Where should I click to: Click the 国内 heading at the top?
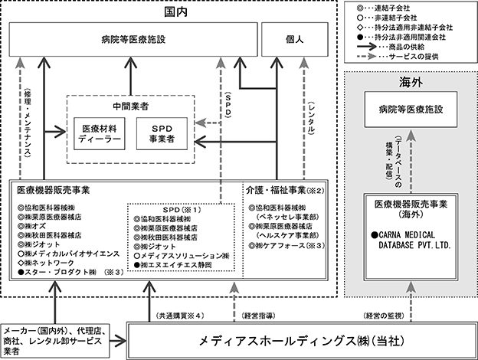175,12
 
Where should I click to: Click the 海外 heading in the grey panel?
411,82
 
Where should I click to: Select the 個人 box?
295,39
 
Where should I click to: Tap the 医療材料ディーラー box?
100,133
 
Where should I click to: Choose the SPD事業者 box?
162,133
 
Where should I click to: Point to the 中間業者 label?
131,106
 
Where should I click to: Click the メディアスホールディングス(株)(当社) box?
302,341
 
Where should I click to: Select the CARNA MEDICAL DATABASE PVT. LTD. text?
411,241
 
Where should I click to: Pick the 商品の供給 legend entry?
391,47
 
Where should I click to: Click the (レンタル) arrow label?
311,118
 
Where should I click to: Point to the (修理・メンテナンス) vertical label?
28,123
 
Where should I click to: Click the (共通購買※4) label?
180,316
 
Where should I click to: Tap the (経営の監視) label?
384,316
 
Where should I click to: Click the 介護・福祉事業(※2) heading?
285,190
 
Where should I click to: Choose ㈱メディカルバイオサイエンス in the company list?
69,254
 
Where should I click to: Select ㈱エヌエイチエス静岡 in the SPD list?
173,265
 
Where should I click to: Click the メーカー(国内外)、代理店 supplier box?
55,341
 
